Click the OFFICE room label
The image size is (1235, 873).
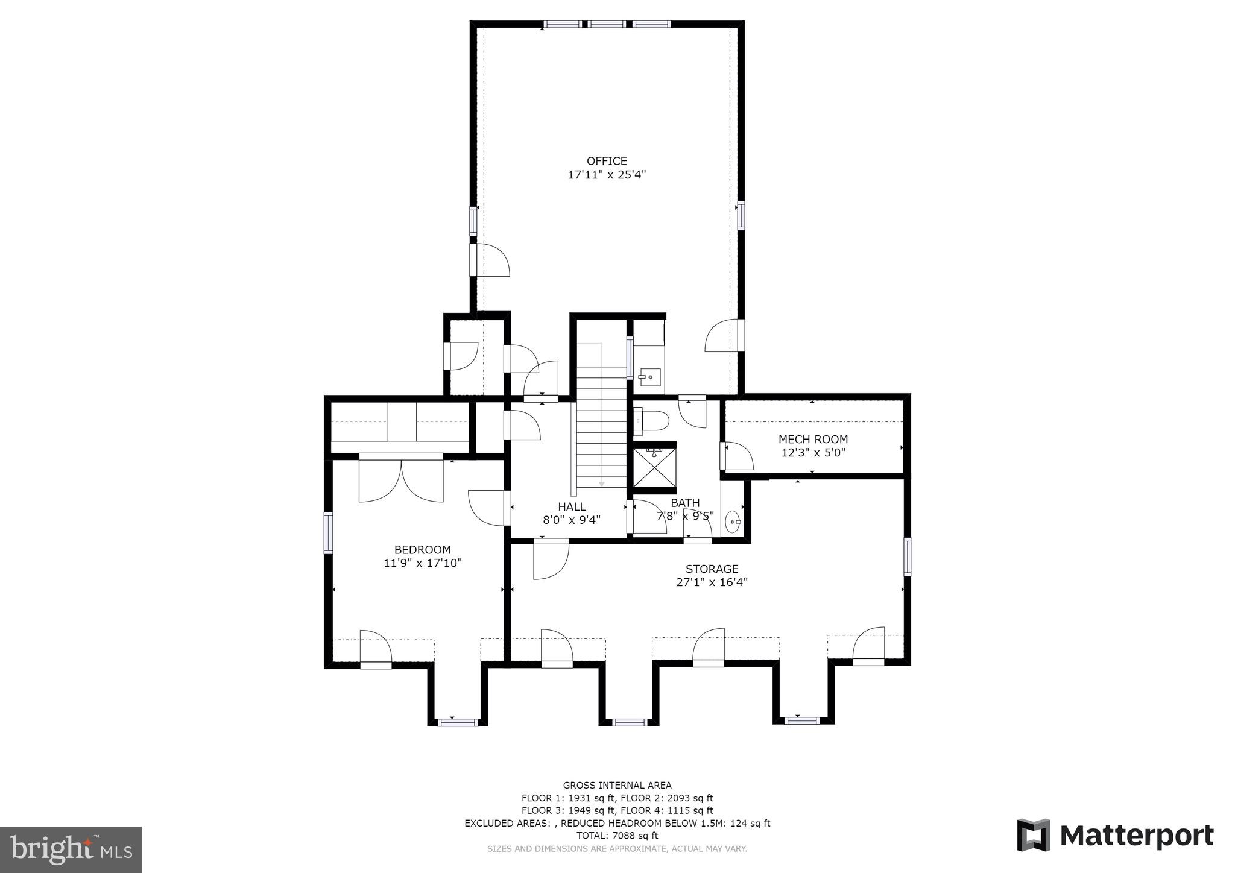607,161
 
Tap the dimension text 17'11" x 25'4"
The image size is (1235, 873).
607,175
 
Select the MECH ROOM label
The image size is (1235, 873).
813,440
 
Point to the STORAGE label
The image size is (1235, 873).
712,569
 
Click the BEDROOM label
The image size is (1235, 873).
422,550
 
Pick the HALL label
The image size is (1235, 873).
571,506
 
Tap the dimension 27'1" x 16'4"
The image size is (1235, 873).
712,582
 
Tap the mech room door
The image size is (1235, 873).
737,456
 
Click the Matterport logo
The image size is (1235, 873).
1116,836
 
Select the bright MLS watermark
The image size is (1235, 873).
71,849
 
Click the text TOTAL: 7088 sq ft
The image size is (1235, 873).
617,836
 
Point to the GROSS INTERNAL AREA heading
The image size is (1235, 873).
617,785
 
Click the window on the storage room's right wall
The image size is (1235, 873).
906,556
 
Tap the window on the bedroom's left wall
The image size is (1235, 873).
328,532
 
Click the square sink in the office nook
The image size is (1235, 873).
650,377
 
